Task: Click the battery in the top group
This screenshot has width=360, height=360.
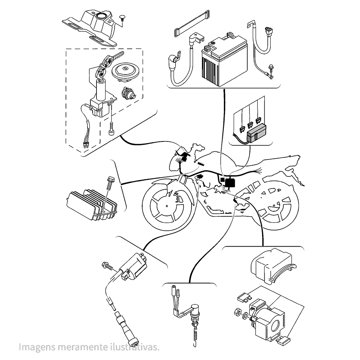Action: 224,60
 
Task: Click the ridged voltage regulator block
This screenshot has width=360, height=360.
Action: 92,204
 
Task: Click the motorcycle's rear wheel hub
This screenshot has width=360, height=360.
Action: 274,206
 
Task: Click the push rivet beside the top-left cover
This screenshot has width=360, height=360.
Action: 123,19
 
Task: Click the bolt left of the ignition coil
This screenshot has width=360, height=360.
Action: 108,266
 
